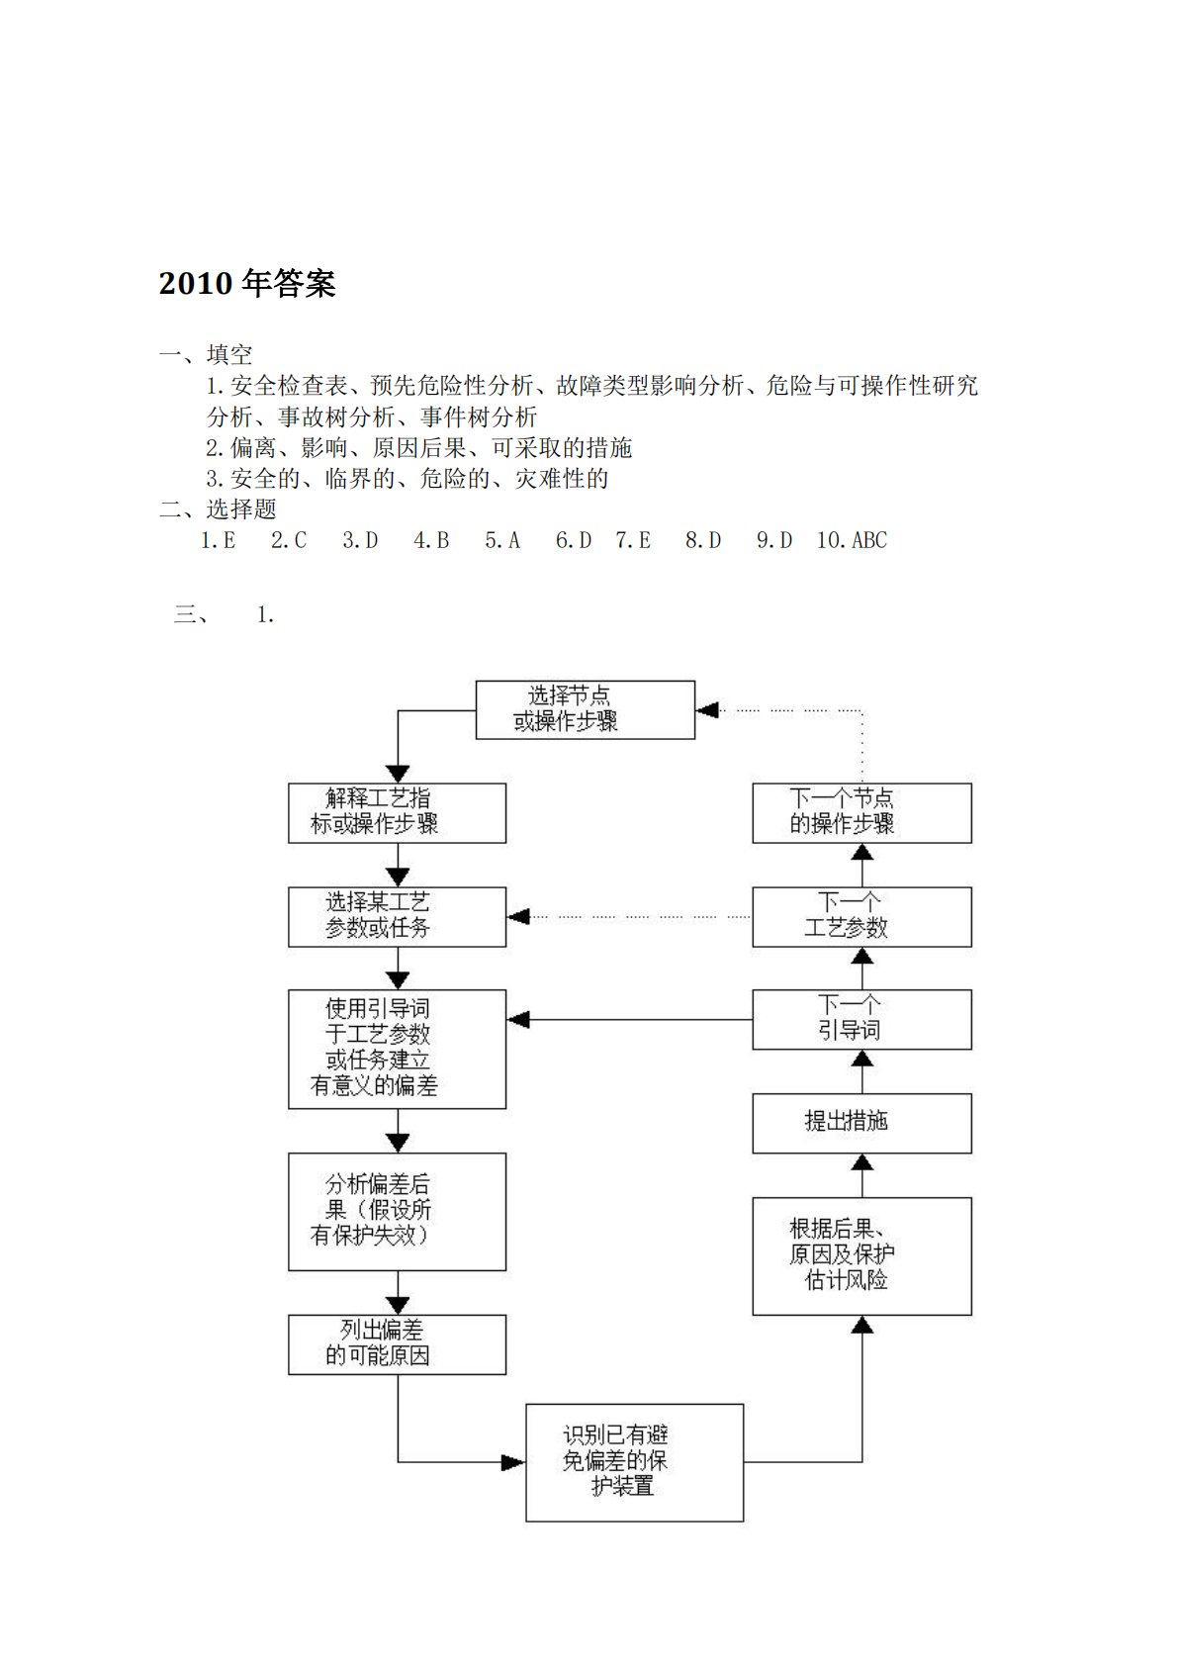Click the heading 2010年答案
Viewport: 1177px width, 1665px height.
[247, 284]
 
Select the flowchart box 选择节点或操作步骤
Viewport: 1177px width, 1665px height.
[585, 709]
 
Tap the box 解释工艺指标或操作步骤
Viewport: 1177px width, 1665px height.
[397, 813]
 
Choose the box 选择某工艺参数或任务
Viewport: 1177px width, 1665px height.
[397, 916]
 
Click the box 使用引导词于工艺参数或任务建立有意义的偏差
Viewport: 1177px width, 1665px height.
[397, 1049]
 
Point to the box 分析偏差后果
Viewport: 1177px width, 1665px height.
[397, 1211]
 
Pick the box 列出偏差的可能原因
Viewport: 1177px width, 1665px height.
[397, 1344]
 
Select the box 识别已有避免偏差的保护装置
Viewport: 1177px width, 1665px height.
[634, 1462]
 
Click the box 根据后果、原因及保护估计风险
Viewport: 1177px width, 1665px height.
[861, 1255]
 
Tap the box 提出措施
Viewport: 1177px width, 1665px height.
[861, 1123]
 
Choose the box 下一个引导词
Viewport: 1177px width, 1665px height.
[861, 1019]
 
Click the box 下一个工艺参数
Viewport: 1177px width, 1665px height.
[861, 916]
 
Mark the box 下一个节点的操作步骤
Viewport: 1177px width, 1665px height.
[861, 813]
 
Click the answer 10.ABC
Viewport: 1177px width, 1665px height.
[852, 540]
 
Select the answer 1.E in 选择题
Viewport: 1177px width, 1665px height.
[218, 540]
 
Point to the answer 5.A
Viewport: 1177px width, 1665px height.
[502, 540]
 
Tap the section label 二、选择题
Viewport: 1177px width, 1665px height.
[218, 509]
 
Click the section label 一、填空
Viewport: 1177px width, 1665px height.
[206, 354]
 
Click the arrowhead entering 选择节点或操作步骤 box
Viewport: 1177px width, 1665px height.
[706, 709]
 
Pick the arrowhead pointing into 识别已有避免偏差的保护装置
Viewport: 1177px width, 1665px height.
[513, 1462]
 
